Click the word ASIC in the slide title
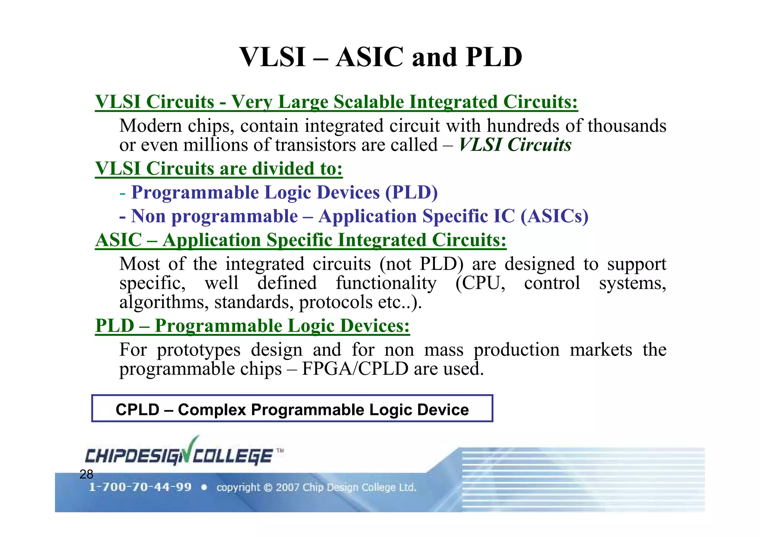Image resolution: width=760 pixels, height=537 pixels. tap(369, 58)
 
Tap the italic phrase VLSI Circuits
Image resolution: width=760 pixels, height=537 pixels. tap(515, 145)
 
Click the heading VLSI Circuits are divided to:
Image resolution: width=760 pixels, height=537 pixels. tap(219, 168)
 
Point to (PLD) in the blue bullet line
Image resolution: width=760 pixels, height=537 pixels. tap(411, 192)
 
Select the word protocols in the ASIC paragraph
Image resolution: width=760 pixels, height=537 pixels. tap(335, 302)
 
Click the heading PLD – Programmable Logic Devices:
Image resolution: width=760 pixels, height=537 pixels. tap(252, 326)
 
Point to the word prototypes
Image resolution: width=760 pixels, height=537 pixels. tap(199, 350)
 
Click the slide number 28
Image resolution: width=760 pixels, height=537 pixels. tap(86, 474)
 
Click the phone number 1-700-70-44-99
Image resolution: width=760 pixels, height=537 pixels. tap(140, 487)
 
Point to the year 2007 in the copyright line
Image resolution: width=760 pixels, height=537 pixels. tap(288, 487)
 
